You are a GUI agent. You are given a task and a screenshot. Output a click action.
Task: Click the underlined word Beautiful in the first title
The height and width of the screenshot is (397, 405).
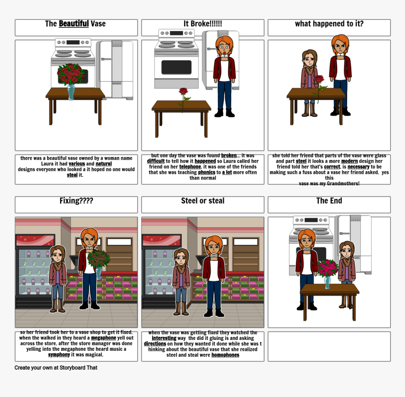pos(73,24)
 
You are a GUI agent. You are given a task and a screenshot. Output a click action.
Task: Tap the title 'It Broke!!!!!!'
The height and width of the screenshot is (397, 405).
pos(203,24)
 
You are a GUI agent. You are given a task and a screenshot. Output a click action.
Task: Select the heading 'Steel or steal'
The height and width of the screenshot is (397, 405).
pos(203,201)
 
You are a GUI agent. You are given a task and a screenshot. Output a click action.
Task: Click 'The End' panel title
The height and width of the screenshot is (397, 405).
pos(329,201)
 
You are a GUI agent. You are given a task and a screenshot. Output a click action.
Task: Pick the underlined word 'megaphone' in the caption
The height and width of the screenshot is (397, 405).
pos(104,338)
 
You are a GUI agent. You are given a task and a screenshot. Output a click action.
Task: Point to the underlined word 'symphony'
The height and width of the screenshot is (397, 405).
pos(59,355)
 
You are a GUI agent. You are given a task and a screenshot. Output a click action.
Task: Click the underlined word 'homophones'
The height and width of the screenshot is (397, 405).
pos(225,355)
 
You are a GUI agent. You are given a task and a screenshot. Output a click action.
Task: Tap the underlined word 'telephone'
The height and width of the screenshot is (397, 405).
pos(190,166)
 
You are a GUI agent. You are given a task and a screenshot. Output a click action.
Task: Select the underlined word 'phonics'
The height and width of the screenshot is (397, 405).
pos(207,172)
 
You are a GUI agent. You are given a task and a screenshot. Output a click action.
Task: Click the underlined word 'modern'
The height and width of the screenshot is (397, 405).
pos(349,161)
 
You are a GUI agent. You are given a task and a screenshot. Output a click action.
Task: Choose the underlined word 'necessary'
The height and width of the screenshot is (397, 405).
pos(358,166)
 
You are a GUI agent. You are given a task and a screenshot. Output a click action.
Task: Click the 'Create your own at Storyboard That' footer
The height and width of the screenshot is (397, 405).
pos(56,367)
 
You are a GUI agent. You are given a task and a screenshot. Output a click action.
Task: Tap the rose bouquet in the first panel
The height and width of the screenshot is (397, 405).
pos(71,74)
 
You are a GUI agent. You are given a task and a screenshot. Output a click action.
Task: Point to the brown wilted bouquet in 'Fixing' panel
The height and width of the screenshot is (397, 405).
pos(99,259)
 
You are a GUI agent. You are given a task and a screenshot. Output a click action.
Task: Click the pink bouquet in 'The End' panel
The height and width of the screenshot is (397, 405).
pos(327,268)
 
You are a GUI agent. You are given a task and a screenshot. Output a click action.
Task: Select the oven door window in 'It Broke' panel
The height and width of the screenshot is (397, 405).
pos(177,67)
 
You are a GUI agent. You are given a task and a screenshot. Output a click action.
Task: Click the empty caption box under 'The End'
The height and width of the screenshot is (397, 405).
pos(329,346)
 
